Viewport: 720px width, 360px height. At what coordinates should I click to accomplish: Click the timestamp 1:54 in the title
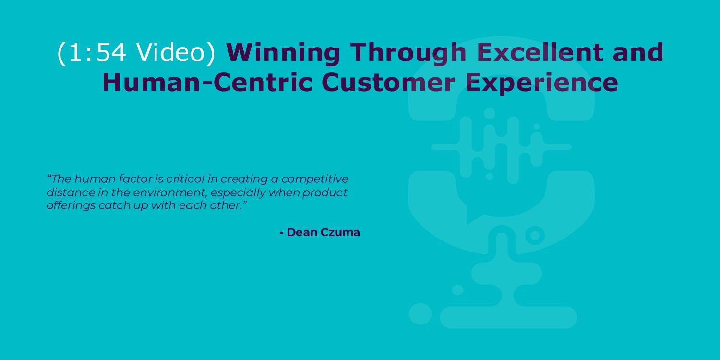click(x=97, y=52)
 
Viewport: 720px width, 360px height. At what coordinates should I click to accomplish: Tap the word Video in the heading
click(x=170, y=52)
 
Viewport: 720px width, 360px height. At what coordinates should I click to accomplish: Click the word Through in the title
click(x=408, y=52)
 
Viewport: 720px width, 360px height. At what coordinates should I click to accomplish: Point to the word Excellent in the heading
click(x=540, y=52)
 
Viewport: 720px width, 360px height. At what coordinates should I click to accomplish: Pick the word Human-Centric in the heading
click(x=207, y=82)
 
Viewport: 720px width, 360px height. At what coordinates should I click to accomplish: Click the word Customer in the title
click(x=388, y=82)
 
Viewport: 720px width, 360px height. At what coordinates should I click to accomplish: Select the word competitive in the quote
click(x=315, y=179)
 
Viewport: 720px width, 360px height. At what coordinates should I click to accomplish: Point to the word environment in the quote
click(x=169, y=192)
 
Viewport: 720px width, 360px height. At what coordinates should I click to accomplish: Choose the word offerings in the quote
click(x=71, y=206)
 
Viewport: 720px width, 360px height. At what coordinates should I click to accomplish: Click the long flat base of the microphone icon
click(x=508, y=318)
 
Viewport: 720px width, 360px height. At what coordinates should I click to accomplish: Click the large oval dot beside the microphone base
click(x=420, y=314)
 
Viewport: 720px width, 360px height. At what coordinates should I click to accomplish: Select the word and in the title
click(x=638, y=52)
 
